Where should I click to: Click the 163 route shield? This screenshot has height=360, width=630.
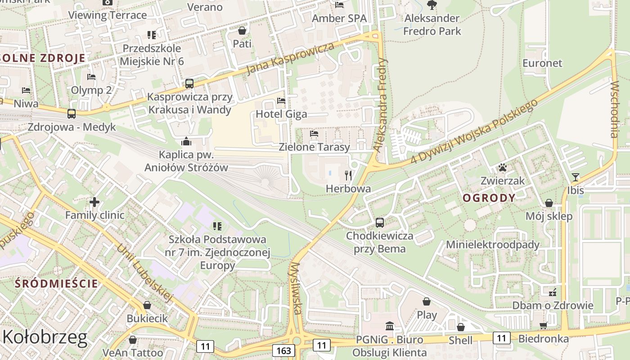click(283, 350)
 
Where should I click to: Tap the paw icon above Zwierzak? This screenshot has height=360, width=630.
click(502, 168)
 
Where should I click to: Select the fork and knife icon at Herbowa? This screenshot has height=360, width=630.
click(348, 175)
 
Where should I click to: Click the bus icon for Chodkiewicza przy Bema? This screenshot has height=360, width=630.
click(380, 223)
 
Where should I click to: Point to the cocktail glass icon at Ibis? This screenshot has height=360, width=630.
click(575, 177)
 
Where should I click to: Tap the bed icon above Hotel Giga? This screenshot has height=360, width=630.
click(281, 101)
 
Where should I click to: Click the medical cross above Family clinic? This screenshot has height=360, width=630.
click(94, 202)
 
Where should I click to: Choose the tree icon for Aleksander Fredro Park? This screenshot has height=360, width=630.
click(432, 5)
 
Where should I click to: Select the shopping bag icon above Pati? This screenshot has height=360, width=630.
click(242, 31)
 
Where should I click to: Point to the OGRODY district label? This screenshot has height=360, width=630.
click(489, 198)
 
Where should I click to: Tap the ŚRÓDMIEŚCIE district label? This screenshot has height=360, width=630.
click(56, 283)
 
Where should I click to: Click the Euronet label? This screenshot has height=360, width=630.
click(542, 63)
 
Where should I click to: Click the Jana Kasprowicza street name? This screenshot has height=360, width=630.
click(291, 58)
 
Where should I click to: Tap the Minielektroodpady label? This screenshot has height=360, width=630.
click(492, 245)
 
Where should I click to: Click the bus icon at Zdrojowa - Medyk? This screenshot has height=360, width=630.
click(72, 113)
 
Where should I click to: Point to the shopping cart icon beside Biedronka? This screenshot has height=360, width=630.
click(544, 325)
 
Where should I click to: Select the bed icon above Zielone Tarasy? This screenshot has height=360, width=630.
click(314, 134)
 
